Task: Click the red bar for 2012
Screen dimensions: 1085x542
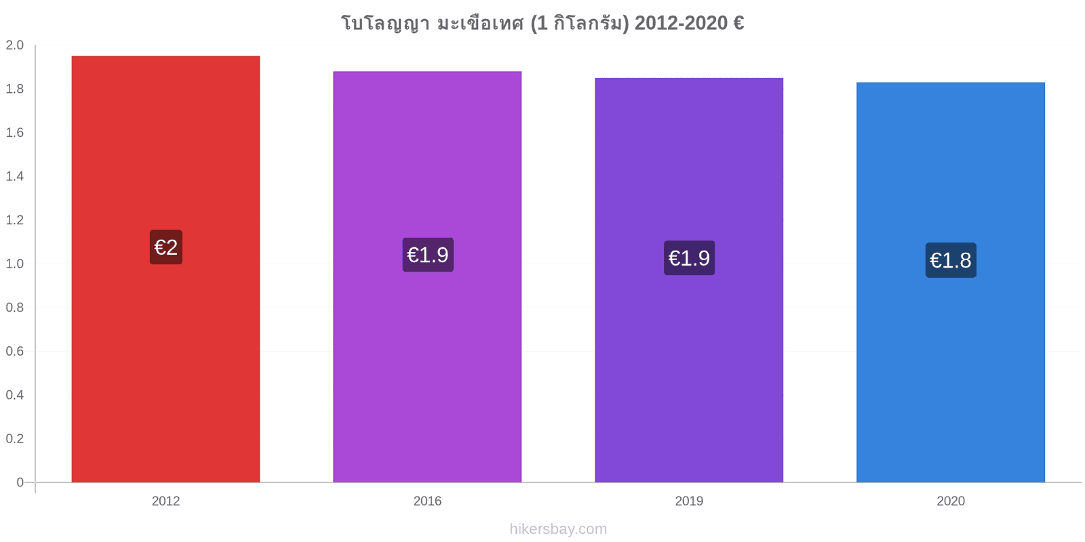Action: (165, 269)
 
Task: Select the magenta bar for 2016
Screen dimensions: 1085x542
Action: (427, 277)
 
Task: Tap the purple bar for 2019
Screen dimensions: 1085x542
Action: (689, 280)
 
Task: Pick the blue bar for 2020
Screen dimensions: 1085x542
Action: (950, 282)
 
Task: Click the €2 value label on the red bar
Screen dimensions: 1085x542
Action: (166, 247)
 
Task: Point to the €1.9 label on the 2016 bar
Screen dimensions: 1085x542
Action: (428, 255)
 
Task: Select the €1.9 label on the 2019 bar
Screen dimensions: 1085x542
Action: (689, 258)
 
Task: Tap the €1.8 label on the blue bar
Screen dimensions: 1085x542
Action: (951, 260)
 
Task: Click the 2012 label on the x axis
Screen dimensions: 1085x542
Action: (165, 501)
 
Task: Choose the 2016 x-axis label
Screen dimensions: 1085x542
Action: (427, 501)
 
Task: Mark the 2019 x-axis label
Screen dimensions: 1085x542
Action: (689, 501)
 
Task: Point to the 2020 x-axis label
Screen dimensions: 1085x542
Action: (950, 501)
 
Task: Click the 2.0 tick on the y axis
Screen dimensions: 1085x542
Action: (14, 45)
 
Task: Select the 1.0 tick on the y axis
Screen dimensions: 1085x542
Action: (14, 264)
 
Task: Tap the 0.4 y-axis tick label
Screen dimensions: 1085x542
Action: (14, 395)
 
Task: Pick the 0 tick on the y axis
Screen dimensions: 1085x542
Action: (20, 482)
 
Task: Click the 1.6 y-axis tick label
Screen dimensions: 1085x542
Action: (14, 133)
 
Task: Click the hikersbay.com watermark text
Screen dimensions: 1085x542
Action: (558, 528)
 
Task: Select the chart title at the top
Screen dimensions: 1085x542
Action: (542, 23)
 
